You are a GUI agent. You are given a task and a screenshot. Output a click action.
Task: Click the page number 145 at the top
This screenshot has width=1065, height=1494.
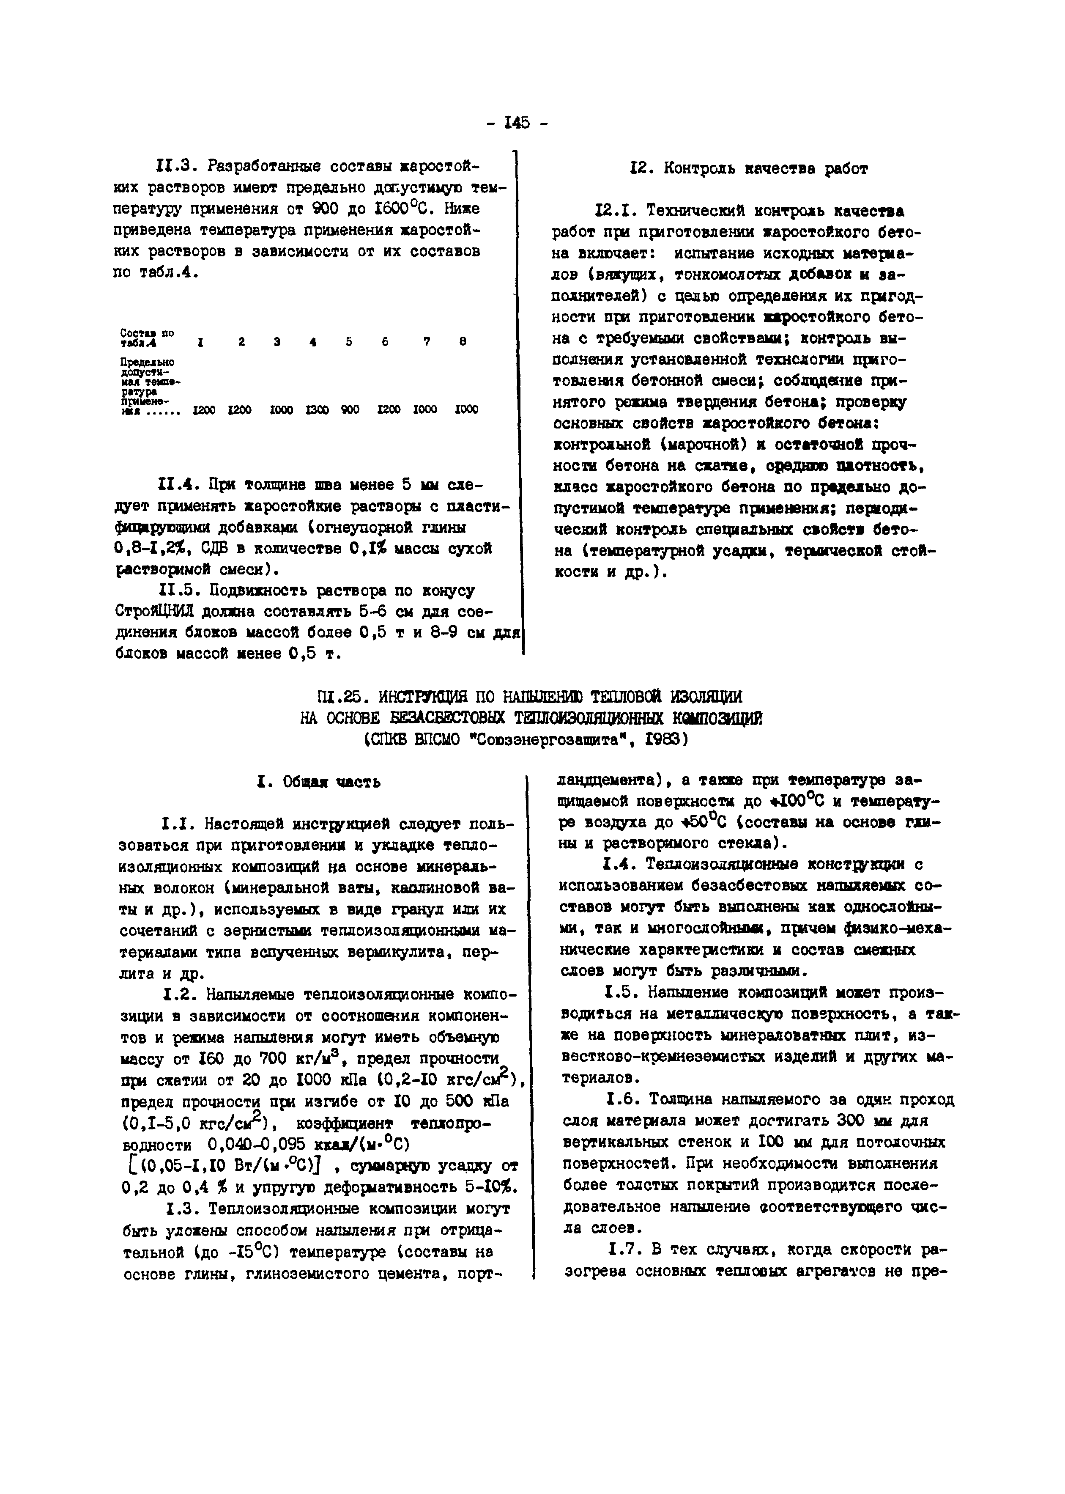(517, 123)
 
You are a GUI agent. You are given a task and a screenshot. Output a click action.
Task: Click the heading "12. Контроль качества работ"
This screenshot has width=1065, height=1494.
(748, 169)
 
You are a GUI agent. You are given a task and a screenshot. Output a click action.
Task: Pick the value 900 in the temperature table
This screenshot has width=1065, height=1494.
(350, 409)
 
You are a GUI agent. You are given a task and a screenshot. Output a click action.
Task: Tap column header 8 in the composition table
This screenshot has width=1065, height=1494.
(463, 342)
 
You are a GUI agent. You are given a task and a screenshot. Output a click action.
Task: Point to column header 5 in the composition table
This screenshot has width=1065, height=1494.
(349, 342)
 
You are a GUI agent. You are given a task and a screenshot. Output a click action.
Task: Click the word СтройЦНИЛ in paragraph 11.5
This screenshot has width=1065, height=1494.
(153, 612)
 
